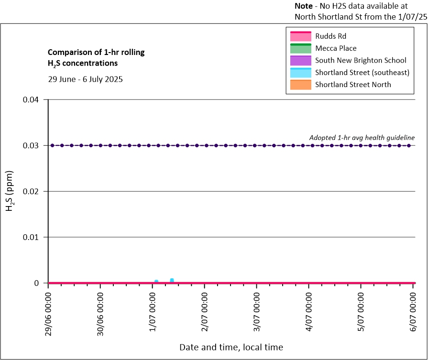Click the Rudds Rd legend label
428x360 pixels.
[330, 36]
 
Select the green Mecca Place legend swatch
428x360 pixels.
[300, 48]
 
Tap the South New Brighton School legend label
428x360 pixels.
[361, 60]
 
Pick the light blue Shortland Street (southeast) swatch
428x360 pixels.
[300, 73]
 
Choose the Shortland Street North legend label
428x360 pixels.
[353, 85]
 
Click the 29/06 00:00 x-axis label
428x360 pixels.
[48, 312]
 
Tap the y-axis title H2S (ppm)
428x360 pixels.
[10, 191]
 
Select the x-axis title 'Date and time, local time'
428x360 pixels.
[231, 347]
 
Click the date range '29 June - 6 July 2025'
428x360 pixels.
[85, 79]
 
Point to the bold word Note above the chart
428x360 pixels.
[304, 7]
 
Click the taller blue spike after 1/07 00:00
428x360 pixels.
[172, 280]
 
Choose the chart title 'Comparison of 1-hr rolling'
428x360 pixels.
[89, 52]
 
